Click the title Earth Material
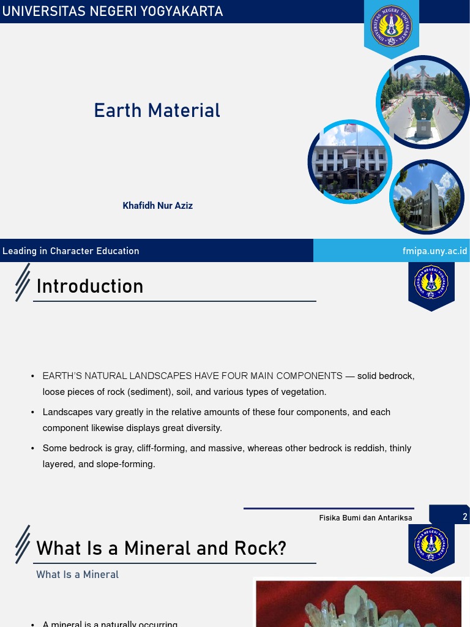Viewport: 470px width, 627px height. pyautogui.click(x=157, y=111)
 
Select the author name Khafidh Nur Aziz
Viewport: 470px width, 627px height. pyautogui.click(x=157, y=206)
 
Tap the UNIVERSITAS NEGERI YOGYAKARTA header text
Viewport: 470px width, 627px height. pyautogui.click(x=112, y=12)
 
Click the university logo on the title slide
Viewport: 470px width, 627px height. pyautogui.click(x=392, y=26)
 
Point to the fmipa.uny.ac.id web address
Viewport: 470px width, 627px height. pyautogui.click(x=435, y=251)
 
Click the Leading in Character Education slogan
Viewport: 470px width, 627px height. pyautogui.click(x=71, y=251)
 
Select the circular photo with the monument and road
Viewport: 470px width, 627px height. pyautogui.click(x=422, y=102)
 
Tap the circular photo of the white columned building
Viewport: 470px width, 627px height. pyautogui.click(x=349, y=162)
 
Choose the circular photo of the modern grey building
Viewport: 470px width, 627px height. pyautogui.click(x=427, y=197)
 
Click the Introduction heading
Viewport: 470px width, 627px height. pyautogui.click(x=90, y=287)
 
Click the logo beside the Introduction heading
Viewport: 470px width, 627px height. pyautogui.click(x=431, y=282)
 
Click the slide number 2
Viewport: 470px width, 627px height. pyautogui.click(x=465, y=517)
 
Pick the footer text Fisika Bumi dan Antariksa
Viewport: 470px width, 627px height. pyautogui.click(x=365, y=518)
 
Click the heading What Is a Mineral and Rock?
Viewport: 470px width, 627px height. pyautogui.click(x=161, y=548)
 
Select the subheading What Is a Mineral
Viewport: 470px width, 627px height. pyautogui.click(x=77, y=575)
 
